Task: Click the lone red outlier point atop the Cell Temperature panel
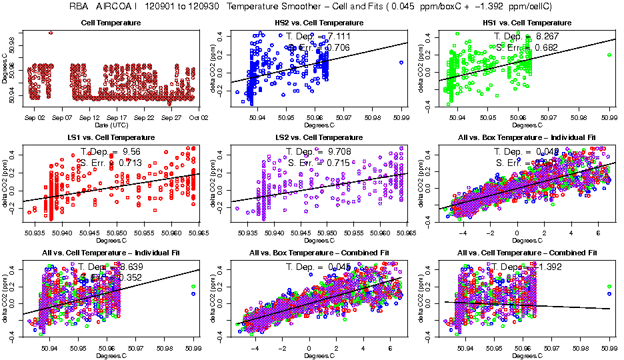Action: click(51, 33)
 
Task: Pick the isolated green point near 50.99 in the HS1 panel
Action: click(609, 55)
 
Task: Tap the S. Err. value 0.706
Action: click(337, 47)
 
